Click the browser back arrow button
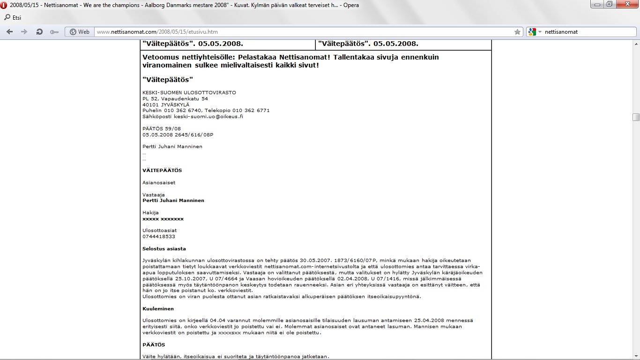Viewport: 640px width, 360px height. (x=9, y=32)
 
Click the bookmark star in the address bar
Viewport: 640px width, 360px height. (x=517, y=32)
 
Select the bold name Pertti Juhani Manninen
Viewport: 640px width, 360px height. (x=173, y=201)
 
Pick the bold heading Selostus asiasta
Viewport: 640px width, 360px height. (x=164, y=248)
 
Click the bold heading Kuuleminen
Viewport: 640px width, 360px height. (x=158, y=309)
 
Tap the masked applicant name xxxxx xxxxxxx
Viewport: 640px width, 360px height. (x=163, y=219)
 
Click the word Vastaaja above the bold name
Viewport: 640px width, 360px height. (x=154, y=195)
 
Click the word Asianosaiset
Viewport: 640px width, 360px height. (x=159, y=182)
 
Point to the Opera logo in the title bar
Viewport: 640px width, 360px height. (x=4, y=4)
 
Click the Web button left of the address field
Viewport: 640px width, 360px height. (x=79, y=32)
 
